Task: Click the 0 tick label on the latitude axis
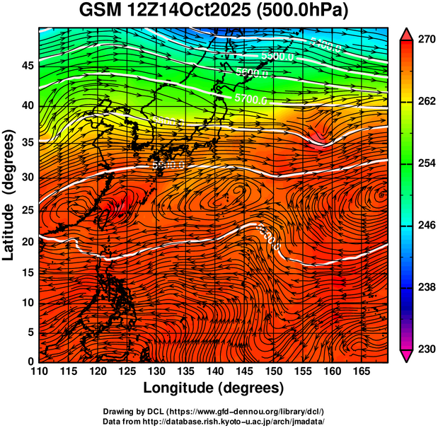[28, 361]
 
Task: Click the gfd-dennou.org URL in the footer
[249, 412]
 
